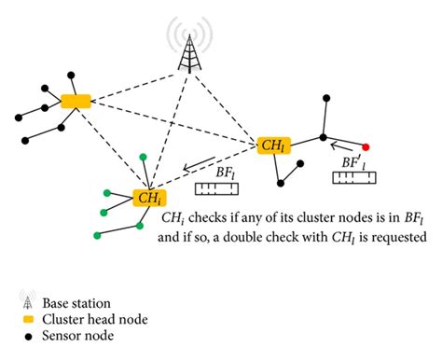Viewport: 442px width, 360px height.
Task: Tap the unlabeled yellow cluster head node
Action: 76,101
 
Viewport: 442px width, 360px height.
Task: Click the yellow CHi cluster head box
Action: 148,198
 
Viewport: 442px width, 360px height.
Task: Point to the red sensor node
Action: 366,147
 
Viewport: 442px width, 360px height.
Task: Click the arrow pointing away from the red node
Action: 344,145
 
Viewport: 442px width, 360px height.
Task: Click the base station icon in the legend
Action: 21,301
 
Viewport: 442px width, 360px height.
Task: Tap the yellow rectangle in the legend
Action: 21,318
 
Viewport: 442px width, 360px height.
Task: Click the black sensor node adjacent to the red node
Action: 323,137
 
